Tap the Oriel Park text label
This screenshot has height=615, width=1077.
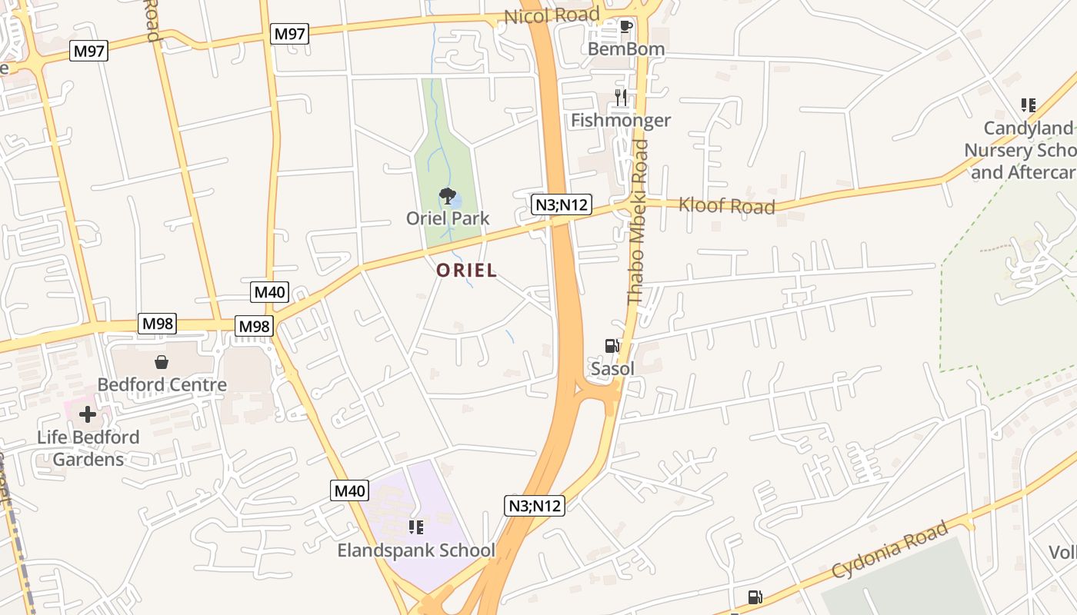coord(448,218)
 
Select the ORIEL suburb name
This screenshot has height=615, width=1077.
coord(466,271)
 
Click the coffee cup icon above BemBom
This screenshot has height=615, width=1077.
coord(625,27)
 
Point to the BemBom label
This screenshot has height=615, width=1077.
coord(625,49)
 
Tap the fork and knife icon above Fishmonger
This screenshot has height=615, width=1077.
coord(621,98)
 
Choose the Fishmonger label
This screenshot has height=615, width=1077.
coord(621,120)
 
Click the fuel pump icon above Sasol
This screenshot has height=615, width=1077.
coord(612,346)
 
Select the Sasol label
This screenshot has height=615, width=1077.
coord(612,369)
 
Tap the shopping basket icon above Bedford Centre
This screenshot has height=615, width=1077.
coord(162,362)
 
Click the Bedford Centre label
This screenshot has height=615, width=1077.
coord(162,384)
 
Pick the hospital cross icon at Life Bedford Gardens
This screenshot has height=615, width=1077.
coord(88,415)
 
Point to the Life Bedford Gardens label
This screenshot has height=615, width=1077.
coord(88,448)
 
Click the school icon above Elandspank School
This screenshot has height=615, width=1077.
coord(416,527)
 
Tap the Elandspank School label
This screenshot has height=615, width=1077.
coord(416,550)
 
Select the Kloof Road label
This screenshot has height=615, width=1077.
coord(726,205)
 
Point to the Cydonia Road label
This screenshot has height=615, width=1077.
coord(890,550)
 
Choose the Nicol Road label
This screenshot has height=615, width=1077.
coord(552,15)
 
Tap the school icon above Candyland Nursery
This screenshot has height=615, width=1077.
coord(1028,105)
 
